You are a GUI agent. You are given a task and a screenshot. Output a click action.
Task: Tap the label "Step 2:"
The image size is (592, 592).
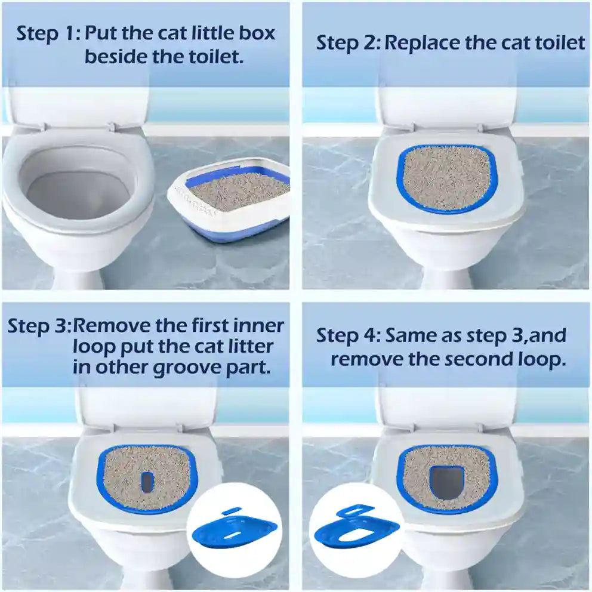[x=347, y=43]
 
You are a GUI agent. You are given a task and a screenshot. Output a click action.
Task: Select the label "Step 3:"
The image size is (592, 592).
[x=38, y=326]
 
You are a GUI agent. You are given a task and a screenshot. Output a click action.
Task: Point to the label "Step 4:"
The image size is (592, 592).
[x=347, y=335]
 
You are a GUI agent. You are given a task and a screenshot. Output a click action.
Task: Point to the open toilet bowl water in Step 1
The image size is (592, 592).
[x=78, y=194]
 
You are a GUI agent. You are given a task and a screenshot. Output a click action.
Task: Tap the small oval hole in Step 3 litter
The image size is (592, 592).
[x=147, y=481]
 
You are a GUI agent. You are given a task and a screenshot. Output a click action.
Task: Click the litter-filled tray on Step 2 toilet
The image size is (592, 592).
[x=446, y=178]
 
